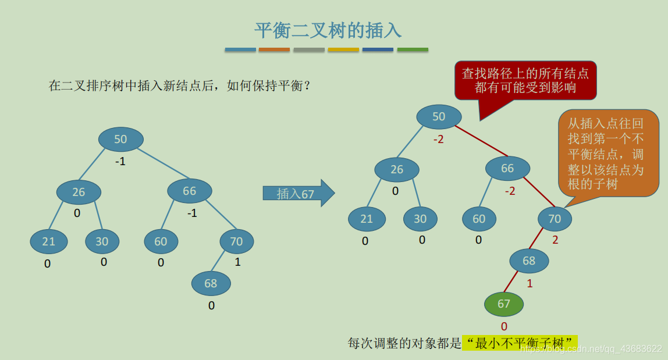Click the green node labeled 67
pos(504,304)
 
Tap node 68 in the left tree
pos(211,283)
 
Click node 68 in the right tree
pos(529,261)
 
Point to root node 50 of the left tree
pos(120,140)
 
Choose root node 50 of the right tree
pos(439,117)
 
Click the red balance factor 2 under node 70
pos(555,240)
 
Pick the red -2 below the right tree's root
pos(438,140)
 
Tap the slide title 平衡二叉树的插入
pos(328,30)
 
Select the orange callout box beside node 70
pos(608,154)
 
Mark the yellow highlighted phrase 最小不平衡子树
pos(520,343)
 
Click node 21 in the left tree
pos(49,241)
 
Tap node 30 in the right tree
pos(420,219)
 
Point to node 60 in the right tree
pos(479,219)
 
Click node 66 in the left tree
pos(190,191)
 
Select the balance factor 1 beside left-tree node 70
pos(237,262)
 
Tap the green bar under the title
pos(413,50)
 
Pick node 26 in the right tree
pos(397,170)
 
